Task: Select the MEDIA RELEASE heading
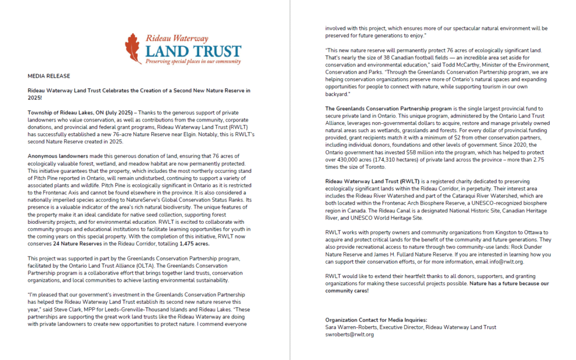(x=49, y=75)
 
